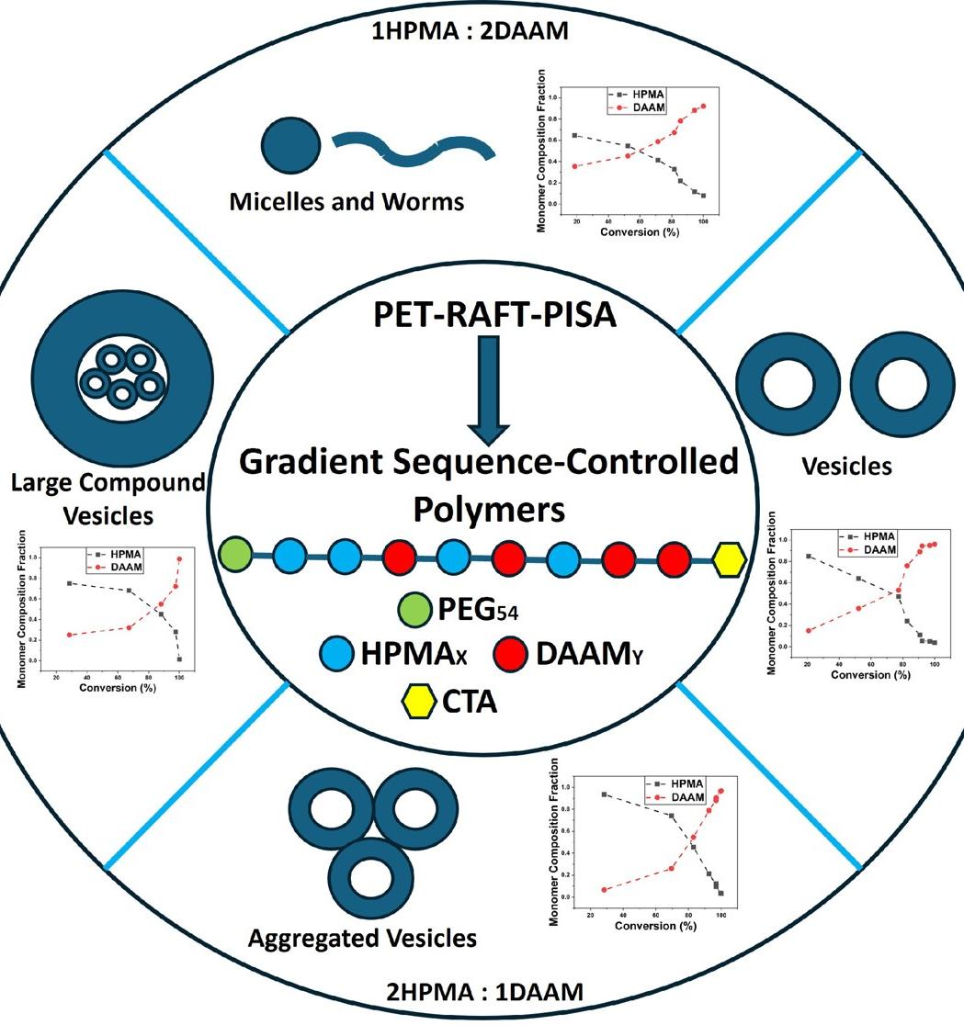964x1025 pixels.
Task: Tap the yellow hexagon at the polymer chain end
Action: click(729, 558)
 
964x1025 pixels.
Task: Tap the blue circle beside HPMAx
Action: click(338, 654)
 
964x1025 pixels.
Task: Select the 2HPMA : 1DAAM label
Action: click(482, 991)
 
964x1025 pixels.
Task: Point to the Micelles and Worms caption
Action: click(347, 200)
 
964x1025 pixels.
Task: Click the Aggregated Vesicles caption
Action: click(363, 938)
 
